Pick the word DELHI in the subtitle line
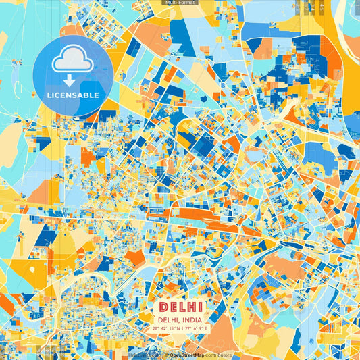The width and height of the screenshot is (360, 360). [x=168, y=319]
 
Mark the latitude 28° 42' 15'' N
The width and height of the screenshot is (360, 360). [x=164, y=328]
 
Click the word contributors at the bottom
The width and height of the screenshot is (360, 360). [x=218, y=355]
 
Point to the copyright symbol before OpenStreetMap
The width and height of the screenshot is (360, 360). [x=166, y=355]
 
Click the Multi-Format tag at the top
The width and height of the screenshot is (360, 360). [x=180, y=3]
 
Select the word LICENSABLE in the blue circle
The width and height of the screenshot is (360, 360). [x=72, y=95]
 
